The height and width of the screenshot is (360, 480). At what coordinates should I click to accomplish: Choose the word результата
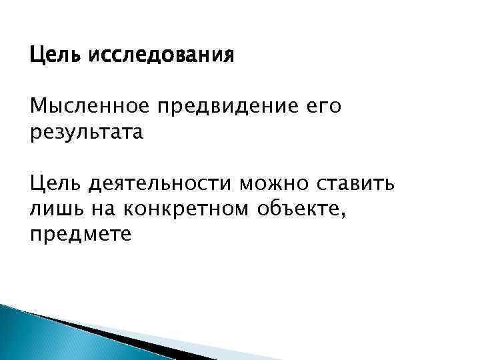87,132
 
